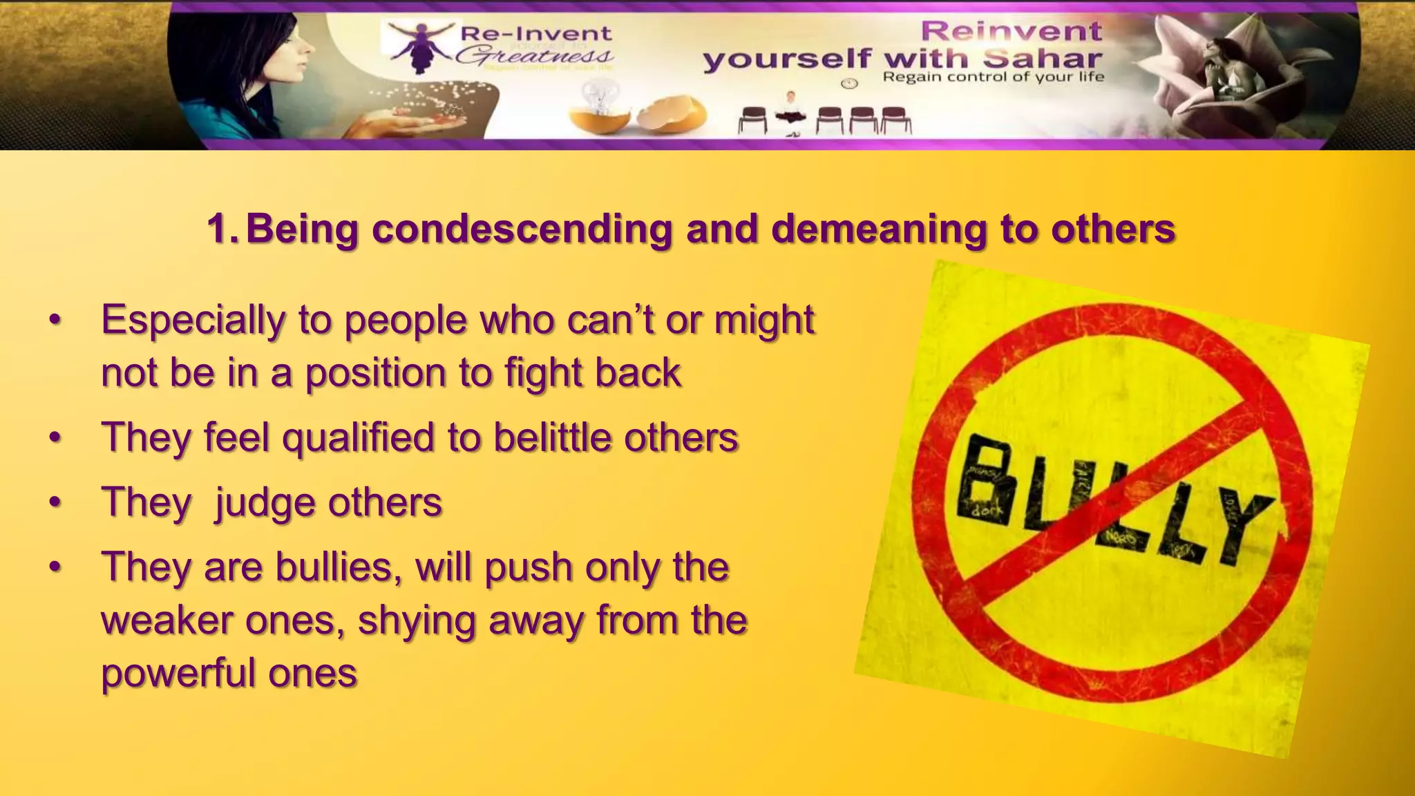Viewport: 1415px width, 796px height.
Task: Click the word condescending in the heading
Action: [522, 229]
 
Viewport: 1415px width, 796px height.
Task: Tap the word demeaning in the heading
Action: [878, 229]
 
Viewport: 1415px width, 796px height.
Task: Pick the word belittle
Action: [553, 438]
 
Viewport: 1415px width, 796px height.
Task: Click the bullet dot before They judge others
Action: [55, 503]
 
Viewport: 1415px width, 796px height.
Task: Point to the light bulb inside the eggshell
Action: [601, 97]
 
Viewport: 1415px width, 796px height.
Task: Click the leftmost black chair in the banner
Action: [752, 120]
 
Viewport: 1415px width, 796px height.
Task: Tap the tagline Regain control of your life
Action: [993, 77]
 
